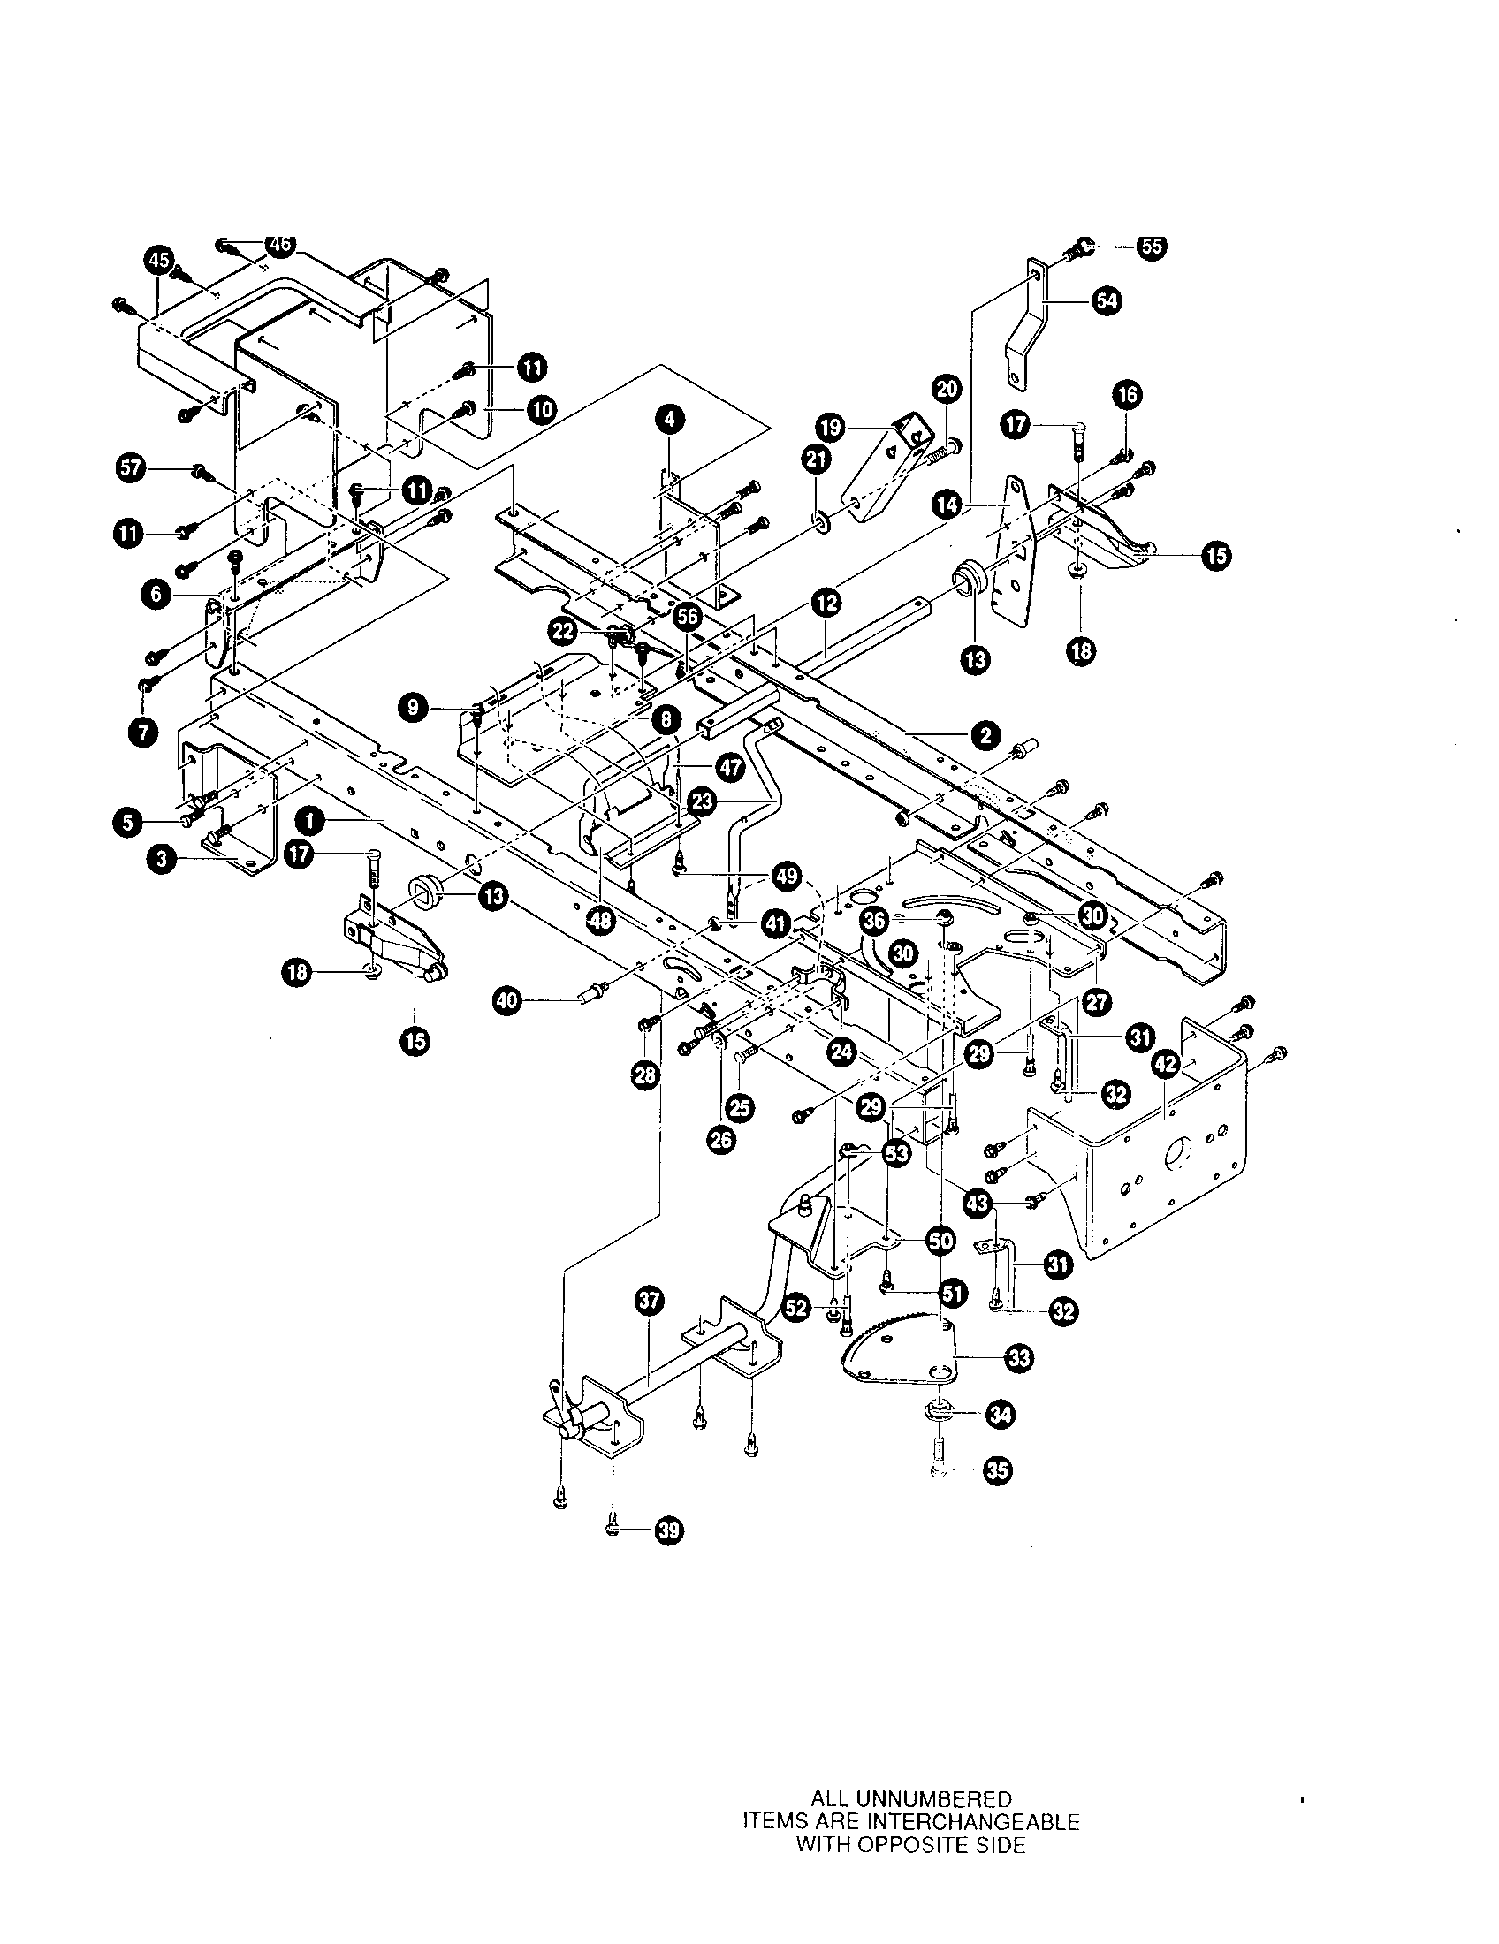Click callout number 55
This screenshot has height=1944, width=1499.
point(1151,247)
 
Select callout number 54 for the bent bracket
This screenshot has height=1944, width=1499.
point(1108,301)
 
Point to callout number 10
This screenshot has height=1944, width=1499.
point(541,409)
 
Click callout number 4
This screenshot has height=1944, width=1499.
point(668,416)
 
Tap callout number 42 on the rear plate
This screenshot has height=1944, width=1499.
point(1165,1064)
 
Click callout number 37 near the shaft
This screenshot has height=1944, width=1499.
point(650,1302)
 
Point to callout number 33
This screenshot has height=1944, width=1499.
point(1019,1357)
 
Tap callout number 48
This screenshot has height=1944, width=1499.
point(601,922)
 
